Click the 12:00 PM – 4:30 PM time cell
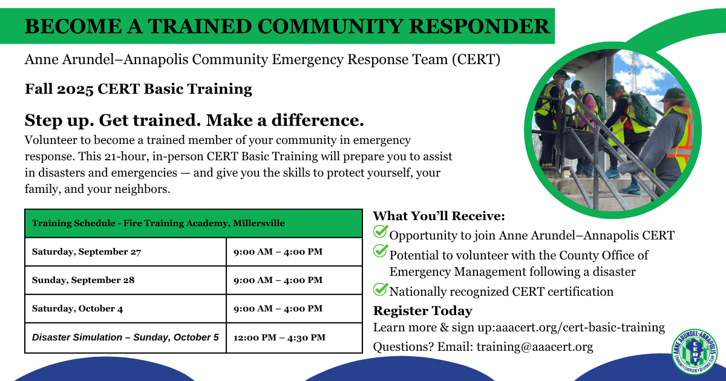tap(280, 337)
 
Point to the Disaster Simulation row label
tap(125, 337)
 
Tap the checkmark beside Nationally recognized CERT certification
tap(381, 290)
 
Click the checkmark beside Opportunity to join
tap(381, 232)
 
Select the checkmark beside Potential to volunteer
tap(381, 251)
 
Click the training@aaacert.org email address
tap(534, 347)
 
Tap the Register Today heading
tap(422, 311)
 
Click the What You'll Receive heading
tap(439, 216)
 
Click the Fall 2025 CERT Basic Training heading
tap(139, 89)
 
